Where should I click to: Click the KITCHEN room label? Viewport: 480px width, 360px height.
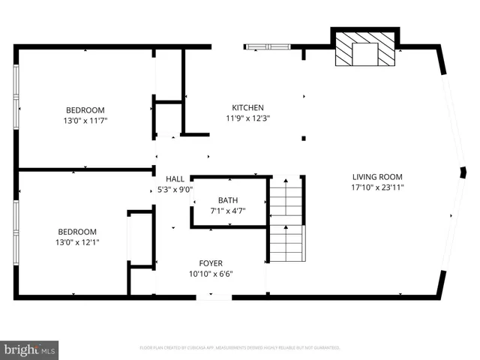click(247, 108)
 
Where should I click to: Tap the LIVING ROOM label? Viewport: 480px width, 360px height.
click(378, 178)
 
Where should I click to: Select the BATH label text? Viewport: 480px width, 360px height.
click(229, 200)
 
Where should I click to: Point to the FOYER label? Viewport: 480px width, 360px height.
click(211, 263)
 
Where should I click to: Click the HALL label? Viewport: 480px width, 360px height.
click(175, 179)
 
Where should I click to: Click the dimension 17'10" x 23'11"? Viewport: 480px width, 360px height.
click(378, 188)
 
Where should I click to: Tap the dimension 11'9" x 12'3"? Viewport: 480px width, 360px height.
click(247, 118)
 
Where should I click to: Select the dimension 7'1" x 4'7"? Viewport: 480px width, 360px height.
click(229, 211)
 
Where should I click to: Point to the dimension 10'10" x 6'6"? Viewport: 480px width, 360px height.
click(211, 274)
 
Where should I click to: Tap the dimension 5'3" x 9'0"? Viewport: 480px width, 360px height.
click(175, 190)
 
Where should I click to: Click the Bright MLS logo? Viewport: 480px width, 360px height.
click(29, 349)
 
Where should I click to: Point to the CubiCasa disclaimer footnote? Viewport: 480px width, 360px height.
click(240, 348)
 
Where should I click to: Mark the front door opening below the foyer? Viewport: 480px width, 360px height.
click(214, 298)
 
